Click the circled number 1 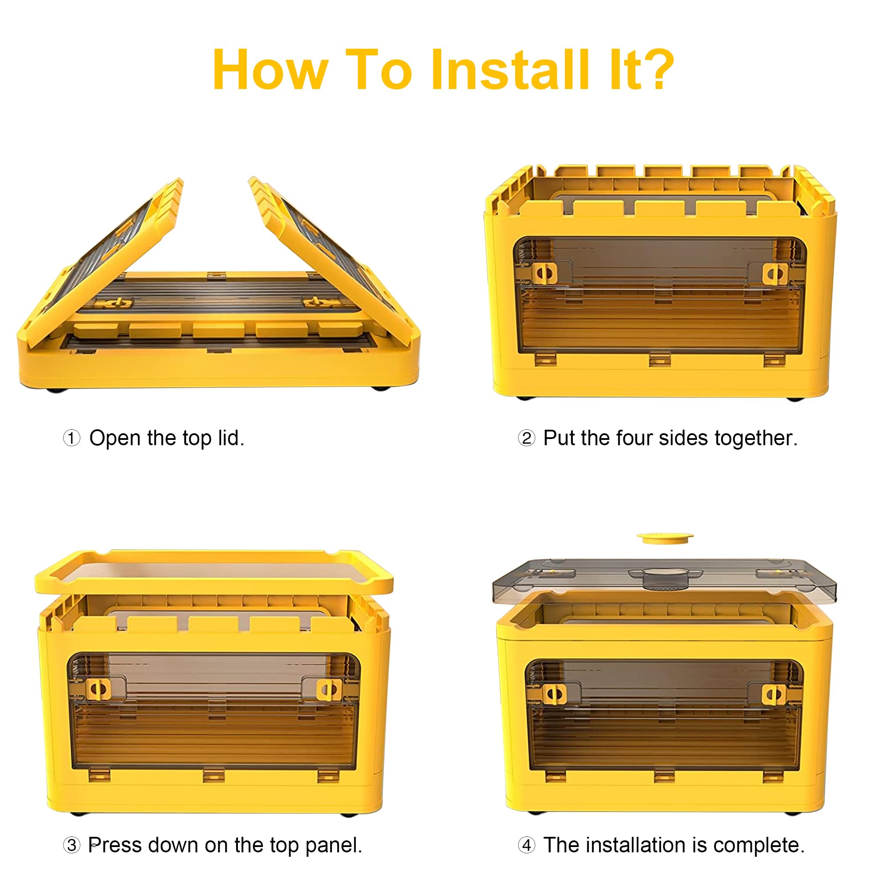point(71,438)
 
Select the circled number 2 point(526,438)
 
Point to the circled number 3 point(71,845)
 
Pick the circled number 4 point(526,845)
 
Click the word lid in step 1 point(231,438)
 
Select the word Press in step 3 point(115,845)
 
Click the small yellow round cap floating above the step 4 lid point(664,537)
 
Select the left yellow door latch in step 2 point(545,273)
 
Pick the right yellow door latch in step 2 point(775,273)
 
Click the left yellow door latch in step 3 point(98,689)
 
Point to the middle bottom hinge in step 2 point(660,359)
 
